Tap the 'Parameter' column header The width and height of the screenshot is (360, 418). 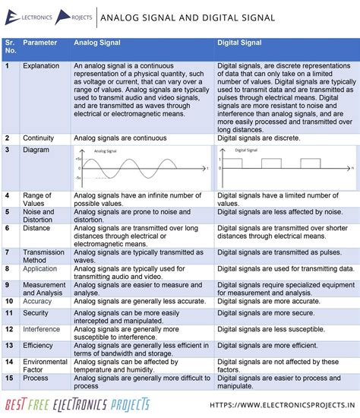(39, 43)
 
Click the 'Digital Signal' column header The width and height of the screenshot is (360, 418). (240, 43)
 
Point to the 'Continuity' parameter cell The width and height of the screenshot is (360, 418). (38, 138)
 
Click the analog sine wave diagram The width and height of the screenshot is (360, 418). (142, 169)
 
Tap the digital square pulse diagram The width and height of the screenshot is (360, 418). (285, 167)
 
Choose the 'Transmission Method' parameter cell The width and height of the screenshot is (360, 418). (43, 255)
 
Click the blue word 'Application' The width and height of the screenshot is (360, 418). (39, 268)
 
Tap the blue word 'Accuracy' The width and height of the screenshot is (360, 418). (37, 301)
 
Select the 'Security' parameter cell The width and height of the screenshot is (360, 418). (36, 312)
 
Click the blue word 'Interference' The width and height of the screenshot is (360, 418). (41, 329)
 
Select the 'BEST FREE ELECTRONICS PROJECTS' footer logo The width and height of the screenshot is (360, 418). (77, 404)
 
